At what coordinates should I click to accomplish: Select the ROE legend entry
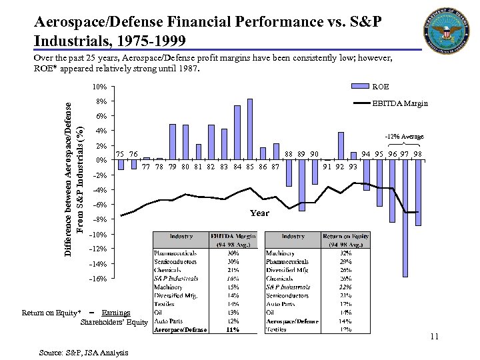click(x=381, y=87)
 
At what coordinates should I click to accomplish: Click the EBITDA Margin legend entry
click(x=399, y=103)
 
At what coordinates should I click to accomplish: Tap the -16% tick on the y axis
click(x=97, y=279)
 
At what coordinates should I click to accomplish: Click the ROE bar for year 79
click(x=173, y=142)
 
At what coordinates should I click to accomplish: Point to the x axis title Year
click(x=259, y=213)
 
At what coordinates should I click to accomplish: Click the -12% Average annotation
click(x=404, y=137)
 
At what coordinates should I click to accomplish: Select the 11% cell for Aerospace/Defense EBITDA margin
click(x=233, y=329)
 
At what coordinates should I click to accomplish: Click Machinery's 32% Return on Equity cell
click(x=346, y=253)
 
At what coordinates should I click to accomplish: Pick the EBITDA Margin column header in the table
click(x=233, y=239)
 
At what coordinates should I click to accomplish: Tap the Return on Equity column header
click(x=346, y=239)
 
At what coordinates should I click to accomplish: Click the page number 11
click(x=434, y=337)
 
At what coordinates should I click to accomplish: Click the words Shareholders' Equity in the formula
click(x=114, y=322)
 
